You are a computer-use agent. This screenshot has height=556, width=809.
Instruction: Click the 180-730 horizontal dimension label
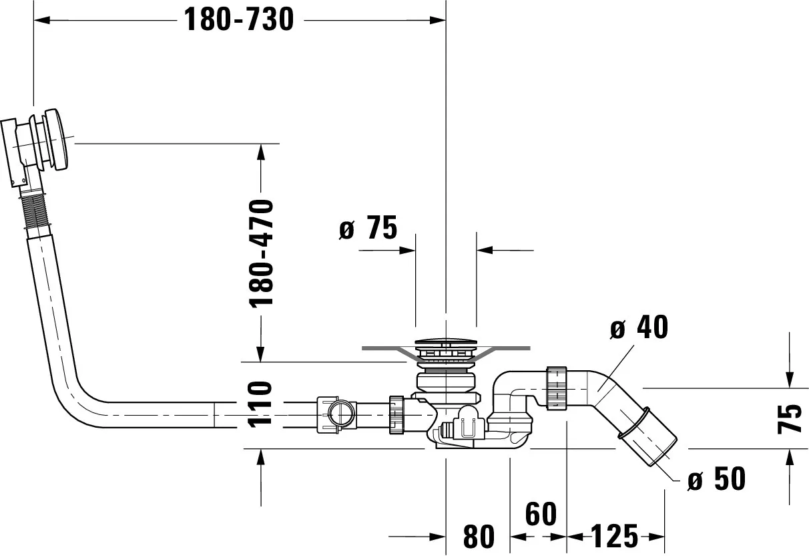point(238,20)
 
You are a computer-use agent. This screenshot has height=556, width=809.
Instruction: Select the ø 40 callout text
point(639,327)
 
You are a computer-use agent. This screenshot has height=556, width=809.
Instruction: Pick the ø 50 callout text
point(716,479)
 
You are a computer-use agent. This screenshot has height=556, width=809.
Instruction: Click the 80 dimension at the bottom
point(478,537)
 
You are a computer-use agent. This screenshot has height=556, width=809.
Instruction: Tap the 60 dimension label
point(541,515)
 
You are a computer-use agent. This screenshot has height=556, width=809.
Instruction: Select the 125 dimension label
point(614,537)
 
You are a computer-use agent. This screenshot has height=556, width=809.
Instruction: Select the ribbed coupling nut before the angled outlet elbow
point(556,388)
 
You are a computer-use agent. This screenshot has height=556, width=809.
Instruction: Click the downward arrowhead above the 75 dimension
point(790,380)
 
